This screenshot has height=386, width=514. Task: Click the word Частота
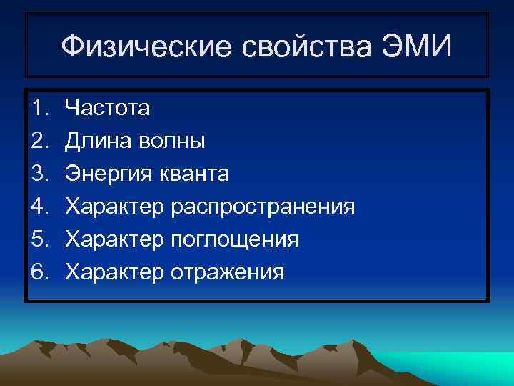tap(108, 109)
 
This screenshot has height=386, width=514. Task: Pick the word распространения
tap(263, 207)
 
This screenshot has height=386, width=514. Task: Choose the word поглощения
tap(235, 239)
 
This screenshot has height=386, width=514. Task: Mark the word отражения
tap(228, 272)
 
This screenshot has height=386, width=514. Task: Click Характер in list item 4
tap(115, 207)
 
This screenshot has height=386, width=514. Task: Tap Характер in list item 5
tap(115, 239)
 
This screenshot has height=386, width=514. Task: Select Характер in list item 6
tap(115, 272)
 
